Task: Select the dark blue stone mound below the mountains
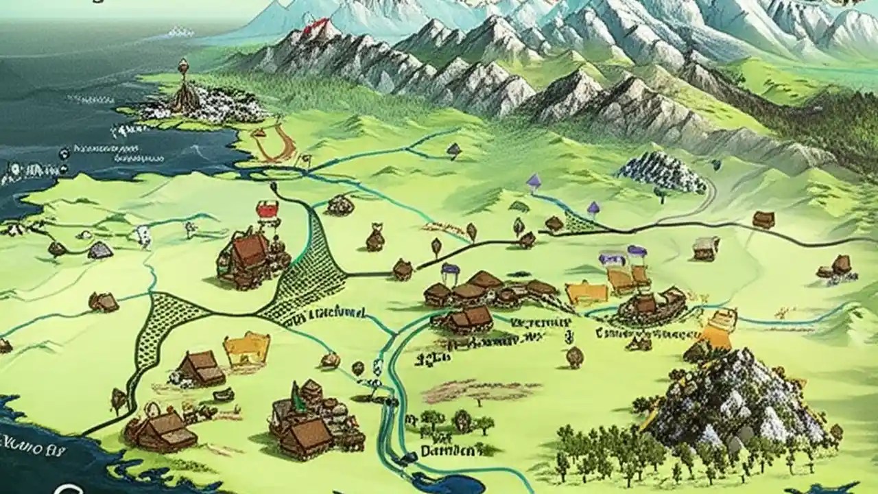662,172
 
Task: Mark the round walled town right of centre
652,305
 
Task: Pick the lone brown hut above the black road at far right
763,220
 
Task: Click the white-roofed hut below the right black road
705,248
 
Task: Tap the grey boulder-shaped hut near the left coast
100,250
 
